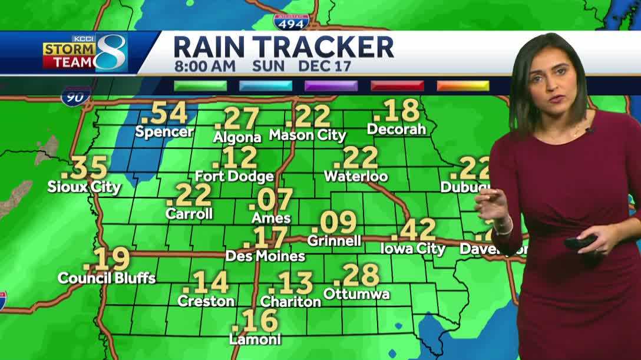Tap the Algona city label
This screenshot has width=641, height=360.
[237, 137]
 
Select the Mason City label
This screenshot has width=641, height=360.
[308, 135]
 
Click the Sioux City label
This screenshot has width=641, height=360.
[84, 187]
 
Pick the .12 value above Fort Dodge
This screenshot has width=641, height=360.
[235, 158]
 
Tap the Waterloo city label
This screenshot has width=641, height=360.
[356, 176]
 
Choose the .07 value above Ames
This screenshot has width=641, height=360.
[271, 200]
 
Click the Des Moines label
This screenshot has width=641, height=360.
[265, 256]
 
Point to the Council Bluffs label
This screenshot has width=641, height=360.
[107, 278]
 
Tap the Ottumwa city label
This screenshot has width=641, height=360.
[356, 293]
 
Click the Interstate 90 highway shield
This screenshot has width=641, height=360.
[76, 96]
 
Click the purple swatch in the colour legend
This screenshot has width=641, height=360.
[331, 85]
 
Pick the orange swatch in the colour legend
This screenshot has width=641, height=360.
[462, 85]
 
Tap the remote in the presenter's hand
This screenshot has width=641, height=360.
[580, 242]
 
